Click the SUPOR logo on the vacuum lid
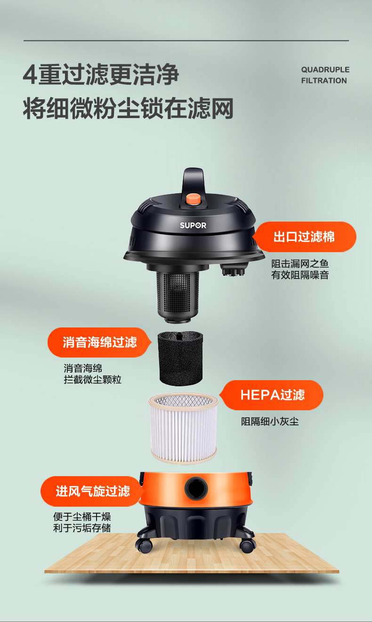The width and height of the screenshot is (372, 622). click(193, 225)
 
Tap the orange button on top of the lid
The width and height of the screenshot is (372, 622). click(194, 199)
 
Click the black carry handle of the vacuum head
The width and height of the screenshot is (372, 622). click(194, 181)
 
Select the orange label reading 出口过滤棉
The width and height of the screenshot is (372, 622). click(305, 237)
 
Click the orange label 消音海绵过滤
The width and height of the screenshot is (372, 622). click(99, 342)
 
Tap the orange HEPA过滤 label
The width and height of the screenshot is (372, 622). click(272, 395)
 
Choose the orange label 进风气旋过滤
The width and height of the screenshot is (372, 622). click(92, 491)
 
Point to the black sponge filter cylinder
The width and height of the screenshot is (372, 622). click(180, 358)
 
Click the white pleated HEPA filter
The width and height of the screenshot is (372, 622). click(183, 428)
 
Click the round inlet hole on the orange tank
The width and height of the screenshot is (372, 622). click(196, 488)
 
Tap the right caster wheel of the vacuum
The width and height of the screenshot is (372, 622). click(247, 545)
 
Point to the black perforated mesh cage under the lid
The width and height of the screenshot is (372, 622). click(178, 296)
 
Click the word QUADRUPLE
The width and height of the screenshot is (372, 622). click(325, 70)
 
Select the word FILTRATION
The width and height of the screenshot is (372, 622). click(324, 80)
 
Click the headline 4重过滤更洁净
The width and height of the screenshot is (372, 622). click(101, 74)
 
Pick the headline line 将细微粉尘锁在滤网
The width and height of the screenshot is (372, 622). click(128, 108)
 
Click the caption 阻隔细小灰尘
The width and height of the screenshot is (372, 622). click(270, 422)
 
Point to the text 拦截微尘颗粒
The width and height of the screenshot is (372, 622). click(92, 379)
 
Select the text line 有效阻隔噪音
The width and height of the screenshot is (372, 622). click(300, 275)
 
